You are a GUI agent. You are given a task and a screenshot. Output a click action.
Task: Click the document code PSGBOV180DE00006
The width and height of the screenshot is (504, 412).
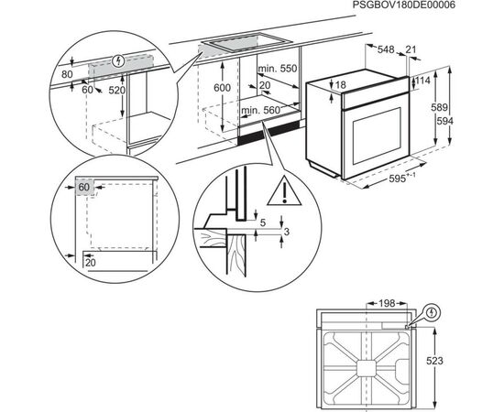click(x=404, y=5)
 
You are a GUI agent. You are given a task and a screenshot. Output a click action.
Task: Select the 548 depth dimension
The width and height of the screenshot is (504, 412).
click(x=386, y=49)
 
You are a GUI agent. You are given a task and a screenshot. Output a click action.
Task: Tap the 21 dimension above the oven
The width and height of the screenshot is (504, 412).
click(x=411, y=49)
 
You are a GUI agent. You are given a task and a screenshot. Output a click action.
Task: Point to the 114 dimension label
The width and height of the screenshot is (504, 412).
click(x=422, y=81)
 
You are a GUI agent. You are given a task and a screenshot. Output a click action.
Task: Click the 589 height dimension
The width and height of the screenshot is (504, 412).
click(x=439, y=107)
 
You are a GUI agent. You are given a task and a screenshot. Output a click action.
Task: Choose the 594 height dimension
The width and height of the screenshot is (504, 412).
click(x=444, y=121)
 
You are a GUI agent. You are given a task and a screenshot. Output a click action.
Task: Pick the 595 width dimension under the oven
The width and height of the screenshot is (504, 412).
click(x=398, y=179)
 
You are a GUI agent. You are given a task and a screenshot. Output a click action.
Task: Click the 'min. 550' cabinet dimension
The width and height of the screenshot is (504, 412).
click(x=278, y=69)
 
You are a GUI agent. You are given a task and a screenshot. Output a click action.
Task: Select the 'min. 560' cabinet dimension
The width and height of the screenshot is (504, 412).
click(x=260, y=111)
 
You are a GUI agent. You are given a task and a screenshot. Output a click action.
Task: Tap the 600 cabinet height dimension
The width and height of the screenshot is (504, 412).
click(x=222, y=88)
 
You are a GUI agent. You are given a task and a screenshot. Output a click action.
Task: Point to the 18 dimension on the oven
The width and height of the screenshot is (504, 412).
click(x=340, y=85)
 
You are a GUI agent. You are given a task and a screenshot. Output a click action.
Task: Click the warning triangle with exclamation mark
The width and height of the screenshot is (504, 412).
click(x=284, y=190)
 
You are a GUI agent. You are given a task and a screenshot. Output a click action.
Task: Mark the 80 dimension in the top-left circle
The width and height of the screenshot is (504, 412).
click(x=67, y=74)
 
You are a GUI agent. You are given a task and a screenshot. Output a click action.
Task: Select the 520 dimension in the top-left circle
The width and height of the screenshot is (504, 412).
click(x=116, y=91)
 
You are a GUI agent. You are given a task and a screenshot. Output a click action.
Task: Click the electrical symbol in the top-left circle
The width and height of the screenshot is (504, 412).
click(x=118, y=60)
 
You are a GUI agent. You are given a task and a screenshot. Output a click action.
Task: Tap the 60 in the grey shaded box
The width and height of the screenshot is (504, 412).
click(x=84, y=187)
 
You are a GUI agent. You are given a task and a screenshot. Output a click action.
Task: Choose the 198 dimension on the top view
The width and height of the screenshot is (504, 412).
click(x=387, y=303)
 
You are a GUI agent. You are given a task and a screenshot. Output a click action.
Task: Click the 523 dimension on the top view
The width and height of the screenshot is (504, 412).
click(x=434, y=361)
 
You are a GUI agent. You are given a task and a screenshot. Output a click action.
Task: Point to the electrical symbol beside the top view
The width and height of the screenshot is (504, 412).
click(x=433, y=312)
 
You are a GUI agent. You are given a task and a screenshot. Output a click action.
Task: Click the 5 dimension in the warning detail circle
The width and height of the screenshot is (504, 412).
click(x=263, y=222)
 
